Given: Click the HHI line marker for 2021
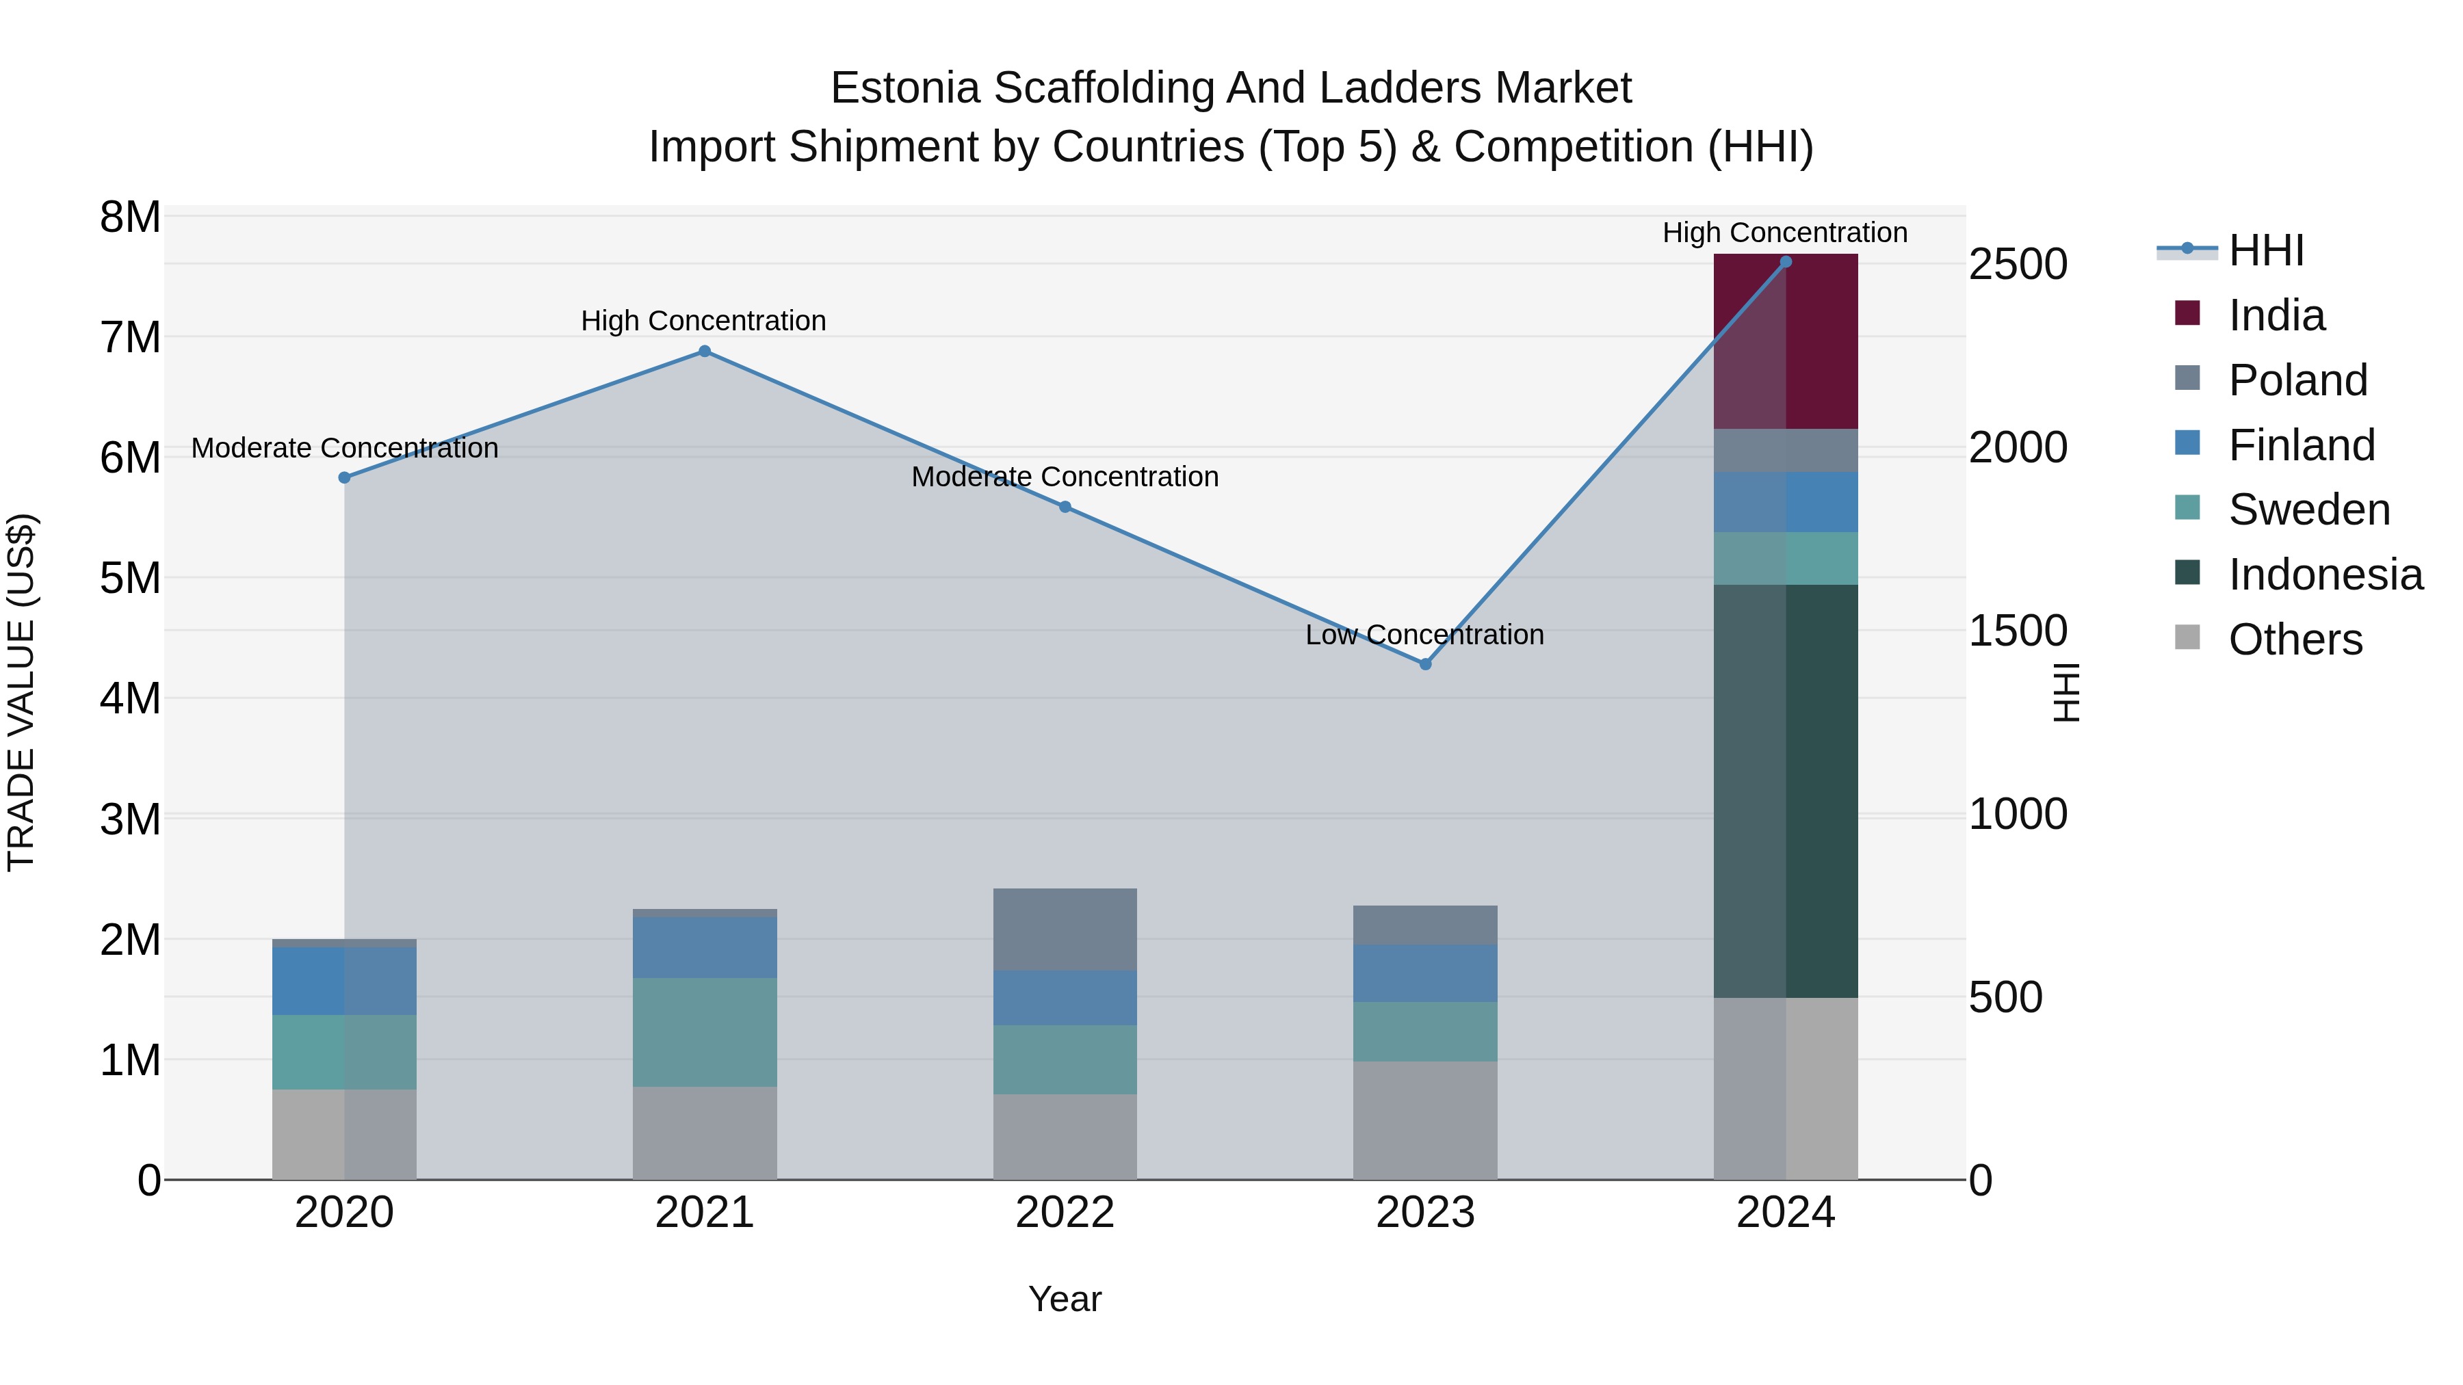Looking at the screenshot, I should (705, 351).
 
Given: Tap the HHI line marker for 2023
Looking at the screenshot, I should (1424, 663).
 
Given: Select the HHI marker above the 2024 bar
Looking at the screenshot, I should (1785, 262).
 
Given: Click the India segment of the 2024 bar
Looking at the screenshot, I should (1785, 341).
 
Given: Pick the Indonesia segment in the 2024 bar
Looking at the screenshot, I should (1785, 791).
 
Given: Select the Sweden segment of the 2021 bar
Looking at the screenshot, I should (705, 1031).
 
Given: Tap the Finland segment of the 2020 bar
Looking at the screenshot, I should (344, 981).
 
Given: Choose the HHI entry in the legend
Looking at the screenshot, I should (2265, 250).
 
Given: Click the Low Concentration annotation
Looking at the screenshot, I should (1424, 635).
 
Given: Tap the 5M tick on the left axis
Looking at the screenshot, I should (130, 577).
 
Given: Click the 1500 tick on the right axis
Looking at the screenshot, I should (2018, 631).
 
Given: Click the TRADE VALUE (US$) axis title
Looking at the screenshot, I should (21, 692).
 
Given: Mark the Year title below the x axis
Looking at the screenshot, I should (1064, 1299).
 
